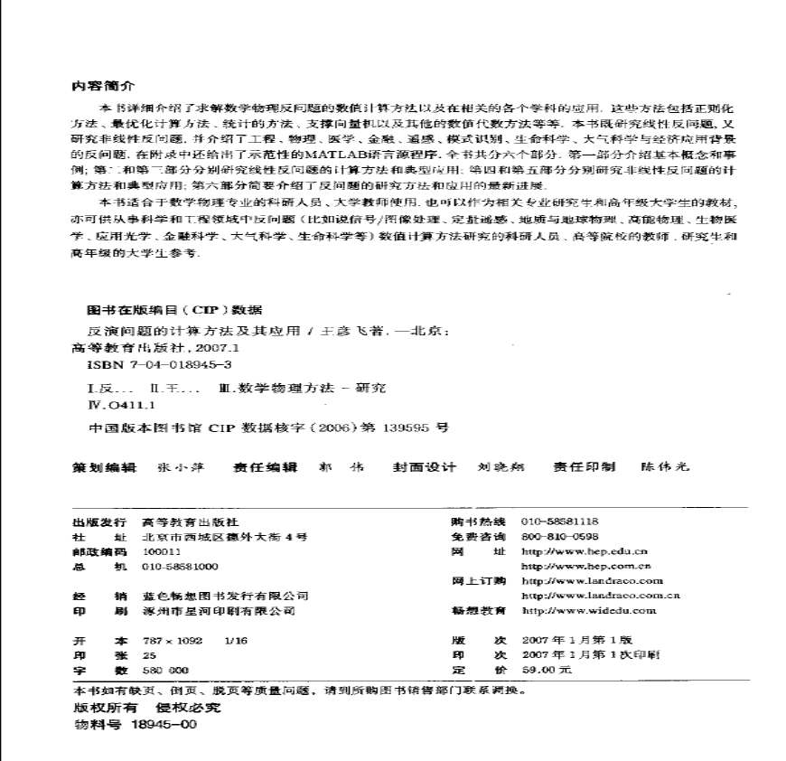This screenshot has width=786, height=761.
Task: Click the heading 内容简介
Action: tap(102, 87)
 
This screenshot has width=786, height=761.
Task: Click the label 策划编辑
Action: tap(103, 467)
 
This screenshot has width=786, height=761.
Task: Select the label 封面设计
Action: tap(425, 467)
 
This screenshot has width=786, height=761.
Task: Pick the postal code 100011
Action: tap(162, 551)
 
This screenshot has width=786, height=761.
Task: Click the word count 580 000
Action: tap(165, 671)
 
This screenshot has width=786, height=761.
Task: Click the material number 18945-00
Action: tap(164, 724)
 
